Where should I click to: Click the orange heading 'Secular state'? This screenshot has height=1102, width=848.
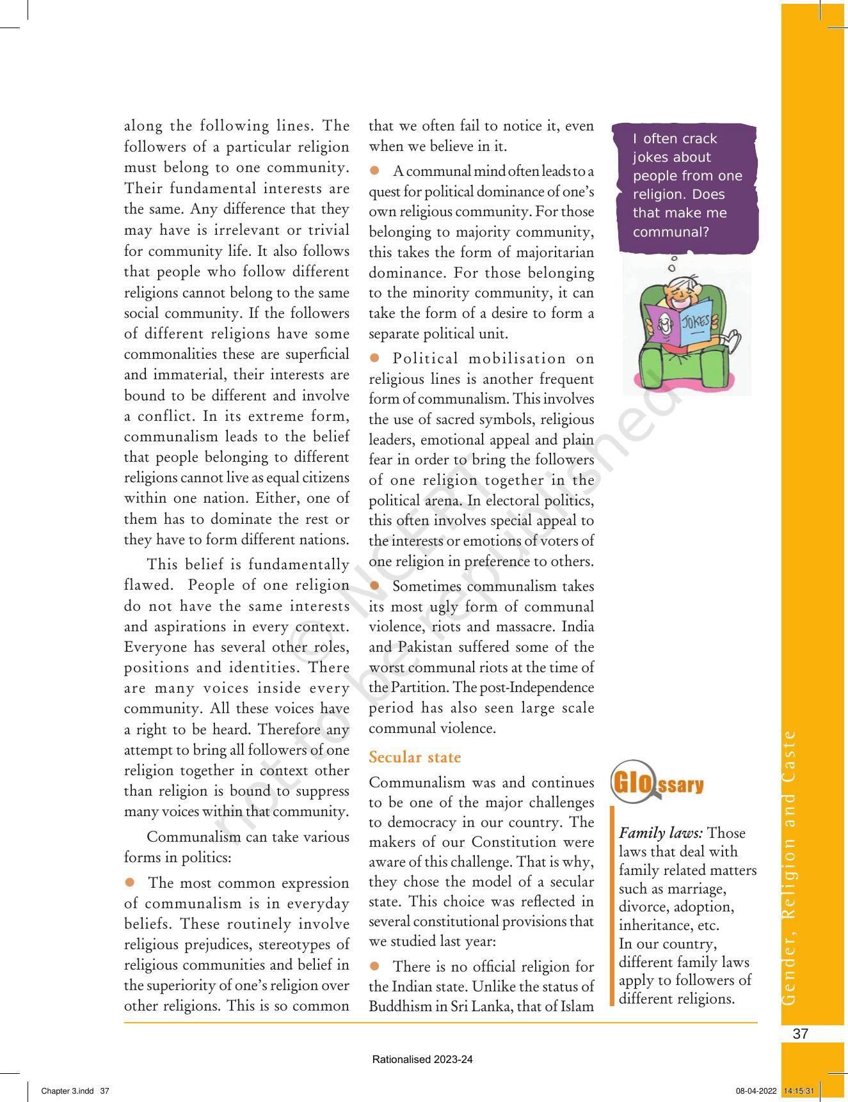point(414,757)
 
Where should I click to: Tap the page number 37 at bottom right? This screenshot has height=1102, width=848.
point(800,1034)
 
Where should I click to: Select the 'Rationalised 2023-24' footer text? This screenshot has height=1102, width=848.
point(422,1059)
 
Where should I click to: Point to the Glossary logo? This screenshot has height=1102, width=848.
point(657,782)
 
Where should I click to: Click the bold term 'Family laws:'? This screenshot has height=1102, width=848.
point(661,833)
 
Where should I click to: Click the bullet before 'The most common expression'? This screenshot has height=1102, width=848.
point(130,882)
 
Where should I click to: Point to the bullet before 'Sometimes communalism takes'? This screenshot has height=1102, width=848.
point(375,585)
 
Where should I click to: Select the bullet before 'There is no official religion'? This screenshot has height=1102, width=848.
point(375,965)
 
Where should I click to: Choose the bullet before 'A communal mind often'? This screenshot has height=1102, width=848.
point(375,171)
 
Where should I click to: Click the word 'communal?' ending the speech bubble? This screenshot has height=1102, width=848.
point(671,232)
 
